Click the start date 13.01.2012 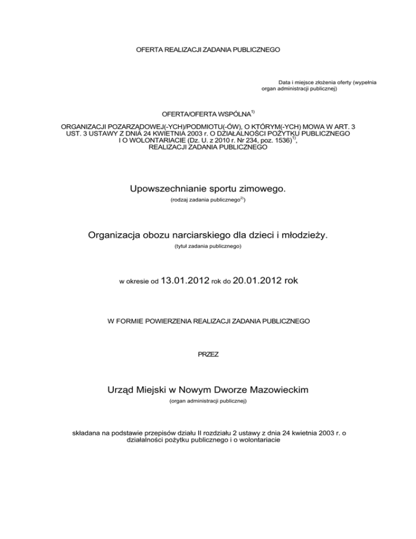pos(185,281)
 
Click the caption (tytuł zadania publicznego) pos(208,247)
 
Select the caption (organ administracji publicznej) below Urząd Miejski pos(208,402)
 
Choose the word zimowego pos(262,189)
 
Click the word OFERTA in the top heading pos(148,49)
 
